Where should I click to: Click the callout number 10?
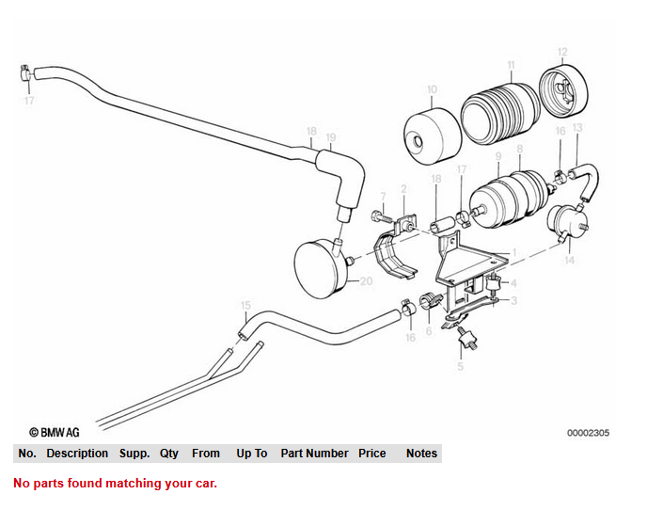point(432,91)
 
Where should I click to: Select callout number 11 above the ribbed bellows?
point(511,65)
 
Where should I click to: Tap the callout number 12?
point(562,52)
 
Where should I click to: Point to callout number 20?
point(367,281)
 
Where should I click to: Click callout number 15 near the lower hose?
point(245,306)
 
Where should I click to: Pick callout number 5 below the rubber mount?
point(461,366)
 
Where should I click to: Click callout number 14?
point(568,261)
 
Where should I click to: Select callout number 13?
point(576,127)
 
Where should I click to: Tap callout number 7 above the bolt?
point(383,196)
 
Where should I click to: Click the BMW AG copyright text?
point(55,433)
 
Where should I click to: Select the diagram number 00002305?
point(588,433)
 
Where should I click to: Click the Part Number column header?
point(314,454)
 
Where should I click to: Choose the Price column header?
point(372,454)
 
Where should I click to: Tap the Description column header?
point(77,454)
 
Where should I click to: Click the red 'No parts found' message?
point(115,484)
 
